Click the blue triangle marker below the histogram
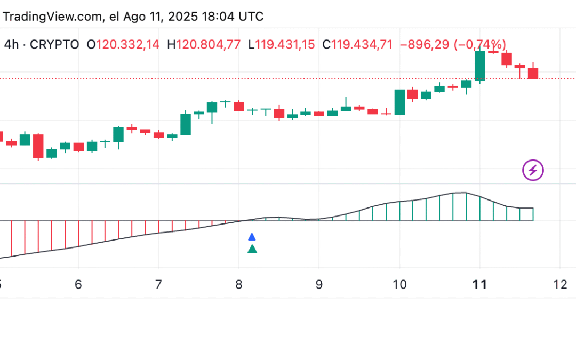click(x=252, y=236)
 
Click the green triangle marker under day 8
click(x=252, y=249)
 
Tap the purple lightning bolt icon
click(x=533, y=171)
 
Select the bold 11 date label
click(x=480, y=285)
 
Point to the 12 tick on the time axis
click(x=560, y=285)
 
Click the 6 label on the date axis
click(x=78, y=285)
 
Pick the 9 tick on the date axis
click(x=319, y=285)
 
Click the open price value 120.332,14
click(x=127, y=45)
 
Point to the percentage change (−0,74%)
click(x=480, y=45)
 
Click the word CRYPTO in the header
click(x=54, y=45)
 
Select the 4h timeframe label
click(x=12, y=45)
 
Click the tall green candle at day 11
click(x=480, y=65)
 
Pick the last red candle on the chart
click(x=533, y=73)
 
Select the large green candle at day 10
click(x=399, y=102)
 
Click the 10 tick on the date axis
click(x=399, y=285)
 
